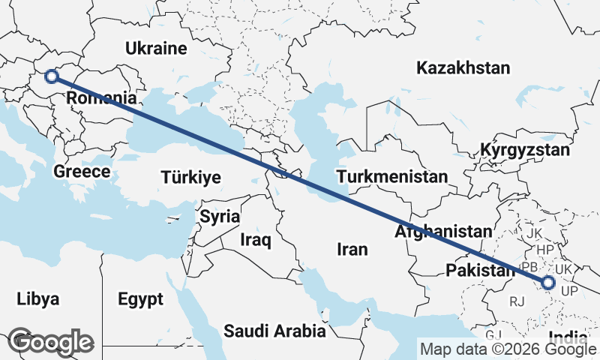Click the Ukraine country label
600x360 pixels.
coord(155,49)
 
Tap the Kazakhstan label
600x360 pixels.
coord(463,68)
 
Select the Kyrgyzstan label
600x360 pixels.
coord(525,150)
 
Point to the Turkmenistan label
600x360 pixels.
coord(392,177)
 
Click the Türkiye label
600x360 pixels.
coord(190,178)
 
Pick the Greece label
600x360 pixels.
coord(82,172)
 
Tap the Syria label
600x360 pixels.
coord(220,216)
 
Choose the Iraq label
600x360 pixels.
coord(255,240)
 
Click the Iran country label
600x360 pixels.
coord(352,249)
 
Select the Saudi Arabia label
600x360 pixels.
coord(274,330)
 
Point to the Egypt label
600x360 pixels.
coord(140,300)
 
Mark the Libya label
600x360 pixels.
coord(37,299)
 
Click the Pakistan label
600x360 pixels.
coord(478,270)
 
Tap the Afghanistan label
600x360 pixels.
coord(444,232)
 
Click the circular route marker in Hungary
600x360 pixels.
coord(52,76)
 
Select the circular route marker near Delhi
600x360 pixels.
coord(548,283)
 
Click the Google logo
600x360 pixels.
coord(50,342)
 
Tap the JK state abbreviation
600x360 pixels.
coord(534,233)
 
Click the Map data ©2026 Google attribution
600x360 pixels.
coord(508,349)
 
